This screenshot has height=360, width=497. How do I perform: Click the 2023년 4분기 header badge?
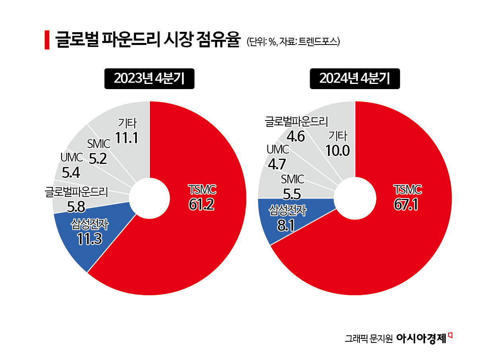(149, 79)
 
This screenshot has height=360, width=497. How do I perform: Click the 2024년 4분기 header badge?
(355, 79)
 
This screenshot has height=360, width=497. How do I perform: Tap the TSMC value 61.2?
(201, 204)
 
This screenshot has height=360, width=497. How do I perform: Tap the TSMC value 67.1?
(406, 204)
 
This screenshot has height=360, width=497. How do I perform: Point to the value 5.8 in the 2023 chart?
(76, 206)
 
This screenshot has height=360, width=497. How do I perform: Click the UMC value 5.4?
(72, 173)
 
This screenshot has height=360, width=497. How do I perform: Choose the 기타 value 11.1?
(127, 138)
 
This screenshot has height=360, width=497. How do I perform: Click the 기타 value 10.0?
(337, 151)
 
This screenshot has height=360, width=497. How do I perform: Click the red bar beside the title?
(47, 40)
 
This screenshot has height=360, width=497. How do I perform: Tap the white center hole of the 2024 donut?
(355, 198)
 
